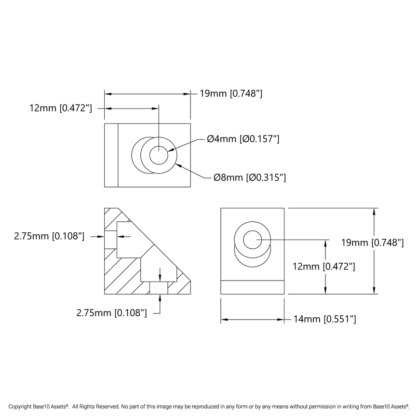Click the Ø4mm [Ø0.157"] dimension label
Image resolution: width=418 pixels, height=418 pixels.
243,139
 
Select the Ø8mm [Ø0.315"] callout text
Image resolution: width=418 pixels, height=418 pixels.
250,178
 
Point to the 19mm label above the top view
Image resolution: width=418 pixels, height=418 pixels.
231,94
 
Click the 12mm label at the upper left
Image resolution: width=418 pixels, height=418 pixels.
60,108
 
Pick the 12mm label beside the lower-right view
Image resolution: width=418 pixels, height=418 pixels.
324,266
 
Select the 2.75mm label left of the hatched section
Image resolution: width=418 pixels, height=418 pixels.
49,236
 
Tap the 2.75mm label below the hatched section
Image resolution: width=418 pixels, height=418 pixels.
111,313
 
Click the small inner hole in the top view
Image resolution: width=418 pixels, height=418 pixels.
158,156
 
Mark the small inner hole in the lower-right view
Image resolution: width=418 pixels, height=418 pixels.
252,239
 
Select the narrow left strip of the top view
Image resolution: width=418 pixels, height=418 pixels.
111,155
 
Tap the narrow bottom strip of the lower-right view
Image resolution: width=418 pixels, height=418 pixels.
252,287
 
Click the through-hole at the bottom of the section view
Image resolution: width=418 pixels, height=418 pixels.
158,288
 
